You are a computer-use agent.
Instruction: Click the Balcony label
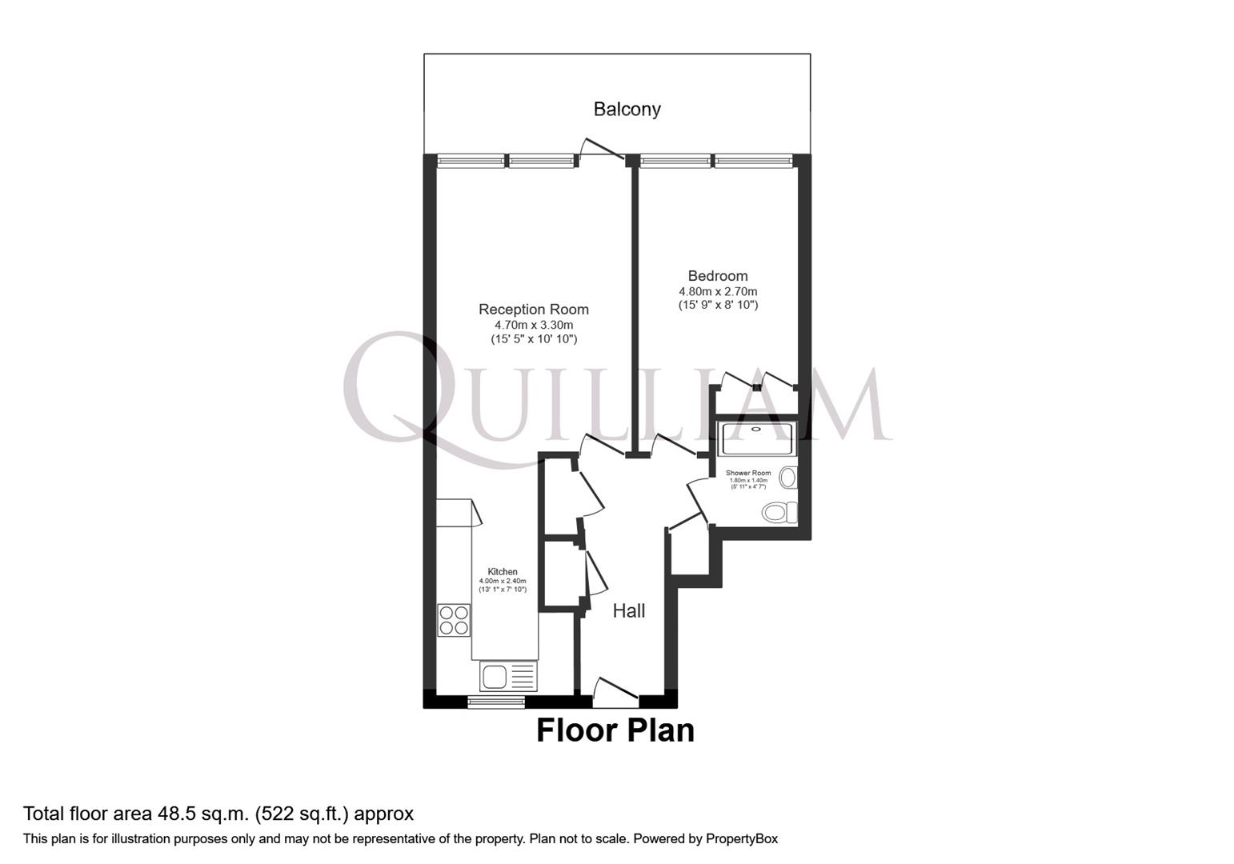coord(627,109)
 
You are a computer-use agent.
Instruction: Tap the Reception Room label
coord(533,310)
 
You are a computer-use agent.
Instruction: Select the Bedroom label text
coord(718,276)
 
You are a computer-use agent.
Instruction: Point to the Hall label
coord(628,611)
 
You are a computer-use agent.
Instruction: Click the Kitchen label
coord(503,572)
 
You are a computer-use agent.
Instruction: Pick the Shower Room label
coord(748,473)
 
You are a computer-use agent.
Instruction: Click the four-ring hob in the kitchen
coord(454,620)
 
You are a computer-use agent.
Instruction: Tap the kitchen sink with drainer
coord(507,677)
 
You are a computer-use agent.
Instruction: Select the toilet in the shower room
coord(779,512)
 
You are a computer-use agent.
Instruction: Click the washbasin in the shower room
coord(788,478)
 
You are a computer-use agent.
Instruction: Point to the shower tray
coord(756,438)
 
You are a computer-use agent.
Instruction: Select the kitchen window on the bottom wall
coord(496,702)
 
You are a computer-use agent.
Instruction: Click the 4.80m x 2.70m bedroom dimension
coord(718,292)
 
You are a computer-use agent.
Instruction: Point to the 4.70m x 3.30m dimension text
coord(533,326)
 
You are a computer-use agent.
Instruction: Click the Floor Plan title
coord(615,730)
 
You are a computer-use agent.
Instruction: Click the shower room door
coord(698,500)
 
